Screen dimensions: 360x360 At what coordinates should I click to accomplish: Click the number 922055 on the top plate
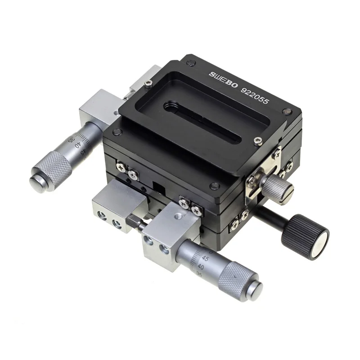pos(254,95)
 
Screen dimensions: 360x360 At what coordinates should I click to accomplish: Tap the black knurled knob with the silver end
pos(305,237)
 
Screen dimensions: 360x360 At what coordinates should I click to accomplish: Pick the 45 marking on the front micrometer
pos(205,259)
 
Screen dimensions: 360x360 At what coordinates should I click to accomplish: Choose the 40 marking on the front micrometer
pos(200,267)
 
